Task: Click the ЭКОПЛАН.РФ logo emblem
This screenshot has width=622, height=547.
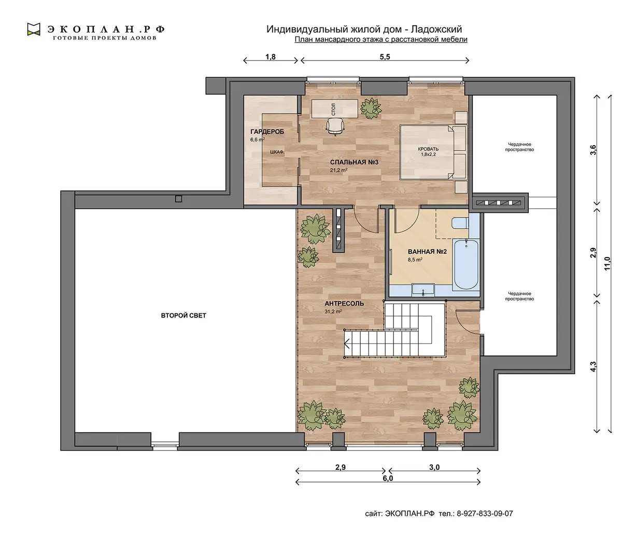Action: [34, 29]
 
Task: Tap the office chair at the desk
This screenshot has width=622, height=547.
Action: [334, 126]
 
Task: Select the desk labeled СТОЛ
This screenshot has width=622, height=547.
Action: [335, 109]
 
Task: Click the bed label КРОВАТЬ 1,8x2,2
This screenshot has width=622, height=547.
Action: [428, 152]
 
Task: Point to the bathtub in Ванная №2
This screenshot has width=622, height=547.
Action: [466, 265]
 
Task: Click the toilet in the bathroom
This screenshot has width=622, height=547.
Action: [460, 223]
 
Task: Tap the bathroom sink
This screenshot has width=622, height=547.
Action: [423, 290]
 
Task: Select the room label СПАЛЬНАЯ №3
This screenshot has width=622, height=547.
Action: [354, 162]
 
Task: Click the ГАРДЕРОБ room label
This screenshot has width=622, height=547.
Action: [267, 132]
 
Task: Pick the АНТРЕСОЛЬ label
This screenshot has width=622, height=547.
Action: [344, 304]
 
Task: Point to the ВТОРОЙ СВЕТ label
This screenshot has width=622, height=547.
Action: [183, 315]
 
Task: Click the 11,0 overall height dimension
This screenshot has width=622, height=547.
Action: [607, 264]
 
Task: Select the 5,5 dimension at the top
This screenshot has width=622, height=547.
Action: [385, 57]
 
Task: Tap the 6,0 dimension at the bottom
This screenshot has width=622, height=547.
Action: [388, 478]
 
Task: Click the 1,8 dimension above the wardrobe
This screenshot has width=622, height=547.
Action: [271, 57]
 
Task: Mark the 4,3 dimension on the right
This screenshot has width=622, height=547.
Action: [593, 367]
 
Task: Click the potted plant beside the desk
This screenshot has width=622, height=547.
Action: [371, 108]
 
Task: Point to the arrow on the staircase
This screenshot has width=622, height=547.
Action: [347, 343]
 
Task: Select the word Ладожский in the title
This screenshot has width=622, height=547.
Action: [436, 29]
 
